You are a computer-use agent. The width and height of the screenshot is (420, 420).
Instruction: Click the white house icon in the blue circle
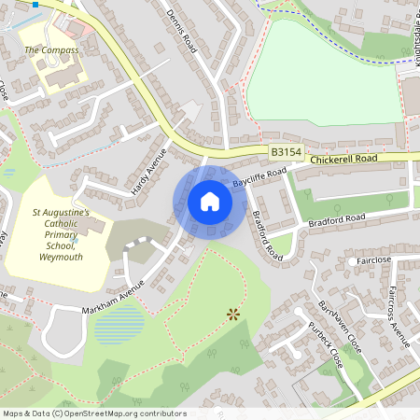coord(209,202)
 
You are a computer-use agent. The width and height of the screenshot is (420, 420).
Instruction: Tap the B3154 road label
coord(287,150)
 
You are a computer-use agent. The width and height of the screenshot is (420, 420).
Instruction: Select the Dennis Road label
coord(181,31)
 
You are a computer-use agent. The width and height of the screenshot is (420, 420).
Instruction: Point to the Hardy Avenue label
coord(148,171)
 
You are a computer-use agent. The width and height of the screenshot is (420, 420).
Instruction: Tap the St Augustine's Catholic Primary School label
coord(59,234)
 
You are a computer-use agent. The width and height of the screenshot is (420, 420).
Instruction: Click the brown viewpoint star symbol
coord(232,315)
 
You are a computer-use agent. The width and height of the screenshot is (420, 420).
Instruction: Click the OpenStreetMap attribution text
coord(93,413)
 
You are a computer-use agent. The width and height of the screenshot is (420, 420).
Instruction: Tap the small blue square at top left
coord(35,4)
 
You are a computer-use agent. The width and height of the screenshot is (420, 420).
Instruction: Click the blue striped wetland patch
coord(119,326)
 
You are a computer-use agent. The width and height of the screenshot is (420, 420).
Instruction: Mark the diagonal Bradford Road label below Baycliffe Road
coord(265,234)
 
